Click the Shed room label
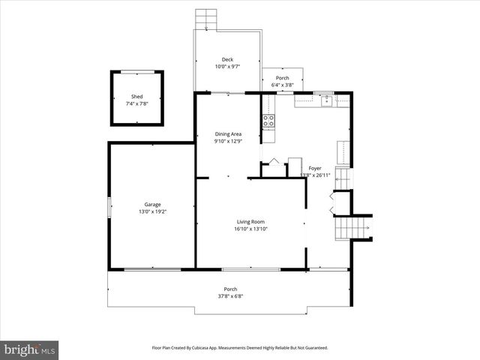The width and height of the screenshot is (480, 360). point(137,97)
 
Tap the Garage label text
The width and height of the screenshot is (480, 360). point(153,204)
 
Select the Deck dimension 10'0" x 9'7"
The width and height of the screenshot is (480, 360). point(227,67)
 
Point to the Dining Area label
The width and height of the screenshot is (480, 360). point(228,133)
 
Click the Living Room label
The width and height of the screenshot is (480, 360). point(250,221)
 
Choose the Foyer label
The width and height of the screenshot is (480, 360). point(315,168)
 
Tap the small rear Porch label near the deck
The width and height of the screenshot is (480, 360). point(283,78)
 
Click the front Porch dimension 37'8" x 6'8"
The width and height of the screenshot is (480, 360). point(230,296)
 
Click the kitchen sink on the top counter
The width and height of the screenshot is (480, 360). point(326,101)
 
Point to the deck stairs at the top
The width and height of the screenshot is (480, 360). point(205,18)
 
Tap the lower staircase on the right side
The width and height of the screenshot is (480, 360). point(352,224)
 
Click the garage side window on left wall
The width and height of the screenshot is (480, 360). point(109,206)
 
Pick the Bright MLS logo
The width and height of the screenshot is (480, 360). point(30,349)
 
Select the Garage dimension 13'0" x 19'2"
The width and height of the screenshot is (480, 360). point(153,212)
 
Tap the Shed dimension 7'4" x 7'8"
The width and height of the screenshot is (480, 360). point(137,103)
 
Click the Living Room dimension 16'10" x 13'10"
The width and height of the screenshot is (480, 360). point(250,229)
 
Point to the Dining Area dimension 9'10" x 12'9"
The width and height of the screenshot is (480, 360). point(228,142)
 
